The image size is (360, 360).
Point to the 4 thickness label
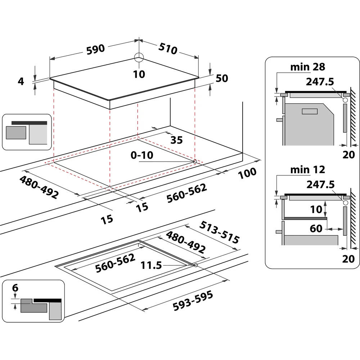click(x=21, y=81)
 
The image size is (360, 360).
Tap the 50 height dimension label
click(x=222, y=78)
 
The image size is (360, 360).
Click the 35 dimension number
click(x=176, y=140)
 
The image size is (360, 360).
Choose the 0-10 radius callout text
click(x=142, y=156)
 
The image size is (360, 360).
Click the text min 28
click(x=308, y=67)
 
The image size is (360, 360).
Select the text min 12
click(x=308, y=169)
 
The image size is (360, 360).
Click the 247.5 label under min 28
click(x=320, y=82)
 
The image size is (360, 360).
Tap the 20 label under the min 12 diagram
click(x=348, y=259)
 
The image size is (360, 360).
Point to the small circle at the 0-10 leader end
click(x=195, y=162)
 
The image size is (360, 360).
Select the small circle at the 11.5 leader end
click(x=195, y=265)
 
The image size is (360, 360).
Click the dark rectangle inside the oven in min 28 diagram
click(x=308, y=112)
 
